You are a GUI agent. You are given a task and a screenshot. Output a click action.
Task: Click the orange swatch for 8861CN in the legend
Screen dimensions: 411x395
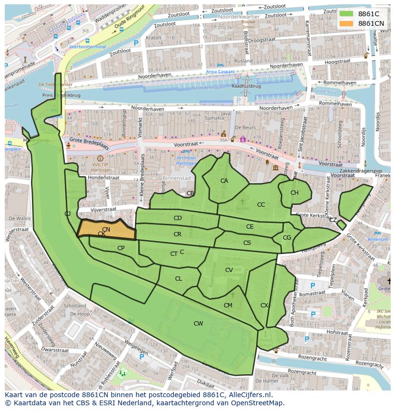coord(347,23)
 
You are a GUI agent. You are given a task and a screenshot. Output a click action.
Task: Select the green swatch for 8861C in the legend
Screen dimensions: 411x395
coord(347,14)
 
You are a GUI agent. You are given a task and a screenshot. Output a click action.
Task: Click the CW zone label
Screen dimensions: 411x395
coord(198,324)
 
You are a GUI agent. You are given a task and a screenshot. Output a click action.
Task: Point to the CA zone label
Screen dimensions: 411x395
coord(224,181)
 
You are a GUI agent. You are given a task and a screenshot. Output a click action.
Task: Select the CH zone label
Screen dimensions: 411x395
coord(294,193)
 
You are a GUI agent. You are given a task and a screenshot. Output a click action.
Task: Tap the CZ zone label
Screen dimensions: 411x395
coord(333,220)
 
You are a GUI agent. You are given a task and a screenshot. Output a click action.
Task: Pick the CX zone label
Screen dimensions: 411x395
coord(264,306)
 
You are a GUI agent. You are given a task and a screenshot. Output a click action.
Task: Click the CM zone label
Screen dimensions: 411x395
coord(228,306)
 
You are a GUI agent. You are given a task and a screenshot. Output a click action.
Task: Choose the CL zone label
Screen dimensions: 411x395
coord(178,279)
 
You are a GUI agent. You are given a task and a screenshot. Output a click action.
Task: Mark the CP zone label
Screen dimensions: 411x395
coord(121,248)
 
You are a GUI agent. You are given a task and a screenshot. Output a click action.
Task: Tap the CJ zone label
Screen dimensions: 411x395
coord(68,213)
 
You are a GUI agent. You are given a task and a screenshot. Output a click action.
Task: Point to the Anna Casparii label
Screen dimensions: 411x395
coord(220,72)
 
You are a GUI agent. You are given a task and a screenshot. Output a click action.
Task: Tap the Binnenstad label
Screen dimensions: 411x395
coord(177,178)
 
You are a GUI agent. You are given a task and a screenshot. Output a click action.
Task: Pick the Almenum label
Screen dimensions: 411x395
coord(377,239)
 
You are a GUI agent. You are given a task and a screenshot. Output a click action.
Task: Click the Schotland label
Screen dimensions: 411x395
coord(75,306)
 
